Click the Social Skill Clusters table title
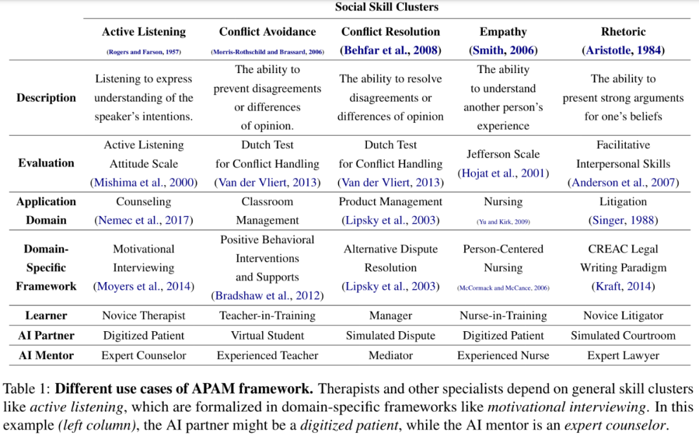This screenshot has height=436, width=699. pos(386,8)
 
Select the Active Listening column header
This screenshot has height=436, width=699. pos(144,32)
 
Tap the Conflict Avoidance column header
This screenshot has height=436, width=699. pos(267,32)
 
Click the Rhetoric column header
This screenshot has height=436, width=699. pos(623,32)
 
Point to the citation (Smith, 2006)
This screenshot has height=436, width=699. pos(504,50)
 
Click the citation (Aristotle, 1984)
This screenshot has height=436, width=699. pos(623,50)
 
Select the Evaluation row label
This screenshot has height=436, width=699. pos(46,164)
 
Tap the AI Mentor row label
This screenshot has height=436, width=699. pos(46,355)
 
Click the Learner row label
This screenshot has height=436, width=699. pos(46,316)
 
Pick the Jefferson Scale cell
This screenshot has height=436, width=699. pos(504,155)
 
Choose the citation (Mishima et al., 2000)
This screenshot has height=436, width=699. pos(144,182)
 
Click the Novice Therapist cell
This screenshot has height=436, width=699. pos(144,316)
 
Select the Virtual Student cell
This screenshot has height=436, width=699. pos(267,336)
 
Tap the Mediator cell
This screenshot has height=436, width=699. pos(390,355)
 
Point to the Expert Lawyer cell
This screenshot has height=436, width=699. pos(623,355)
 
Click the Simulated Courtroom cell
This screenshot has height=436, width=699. pos(623,336)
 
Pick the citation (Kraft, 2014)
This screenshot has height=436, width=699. pos(623,286)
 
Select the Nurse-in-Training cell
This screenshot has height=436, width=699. pos(504,316)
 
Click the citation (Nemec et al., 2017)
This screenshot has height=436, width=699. pos(144,221)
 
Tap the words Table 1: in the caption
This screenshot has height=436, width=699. pos(27,389)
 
